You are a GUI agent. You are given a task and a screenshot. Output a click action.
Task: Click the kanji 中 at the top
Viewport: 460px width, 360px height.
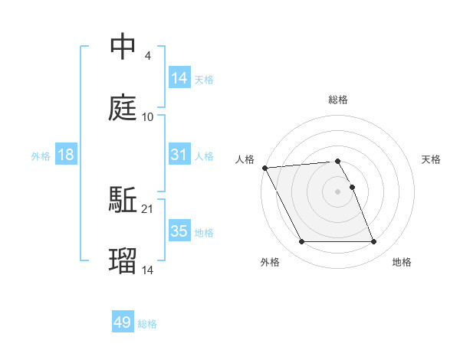pos(123,47)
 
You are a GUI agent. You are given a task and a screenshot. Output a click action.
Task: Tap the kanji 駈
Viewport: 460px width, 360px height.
pos(123,200)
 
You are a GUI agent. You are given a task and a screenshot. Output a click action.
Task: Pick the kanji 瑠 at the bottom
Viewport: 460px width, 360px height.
pos(123,261)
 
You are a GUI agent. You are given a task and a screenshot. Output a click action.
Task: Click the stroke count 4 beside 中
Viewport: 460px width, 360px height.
pos(147,55)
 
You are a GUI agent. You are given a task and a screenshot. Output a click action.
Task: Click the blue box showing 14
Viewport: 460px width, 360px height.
pos(179,77)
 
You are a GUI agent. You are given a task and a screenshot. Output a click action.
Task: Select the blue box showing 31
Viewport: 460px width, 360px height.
pos(179,154)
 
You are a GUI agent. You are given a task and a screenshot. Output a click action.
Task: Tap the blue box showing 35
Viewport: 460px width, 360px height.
pos(179,231)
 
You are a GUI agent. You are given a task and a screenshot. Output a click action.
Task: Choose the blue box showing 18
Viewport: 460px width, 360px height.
pos(66,155)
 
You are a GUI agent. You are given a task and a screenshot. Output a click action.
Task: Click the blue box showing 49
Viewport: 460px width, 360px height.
pos(123,322)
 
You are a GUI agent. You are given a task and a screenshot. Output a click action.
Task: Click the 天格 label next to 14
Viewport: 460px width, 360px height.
pos(204,79)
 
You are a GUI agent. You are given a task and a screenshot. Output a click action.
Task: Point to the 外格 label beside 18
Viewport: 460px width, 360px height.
pos(41,156)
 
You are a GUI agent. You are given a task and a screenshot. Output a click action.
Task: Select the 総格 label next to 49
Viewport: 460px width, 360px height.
pos(147,324)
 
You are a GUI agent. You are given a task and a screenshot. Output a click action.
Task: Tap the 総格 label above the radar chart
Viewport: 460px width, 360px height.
pos(338,100)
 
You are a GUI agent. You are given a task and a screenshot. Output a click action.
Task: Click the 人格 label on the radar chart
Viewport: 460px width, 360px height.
pos(245,159)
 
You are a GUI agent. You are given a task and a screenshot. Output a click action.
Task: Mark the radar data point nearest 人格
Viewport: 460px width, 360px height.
pos(264,168)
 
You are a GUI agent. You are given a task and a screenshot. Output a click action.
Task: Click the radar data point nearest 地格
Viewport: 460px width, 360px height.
pos(373,242)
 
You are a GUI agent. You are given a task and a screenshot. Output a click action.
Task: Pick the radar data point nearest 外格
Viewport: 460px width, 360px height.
pos(301,242)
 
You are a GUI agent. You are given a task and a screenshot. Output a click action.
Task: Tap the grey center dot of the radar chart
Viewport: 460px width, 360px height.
pos(338,191)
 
